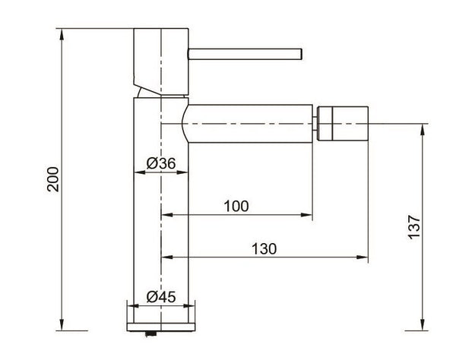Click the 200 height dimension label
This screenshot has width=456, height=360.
click(53, 179)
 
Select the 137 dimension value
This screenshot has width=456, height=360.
click(414, 227)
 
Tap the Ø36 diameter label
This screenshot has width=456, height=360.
click(161, 163)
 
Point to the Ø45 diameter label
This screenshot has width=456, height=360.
click(161, 297)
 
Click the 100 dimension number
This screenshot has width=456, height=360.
click(236, 207)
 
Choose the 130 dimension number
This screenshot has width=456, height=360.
click(264, 249)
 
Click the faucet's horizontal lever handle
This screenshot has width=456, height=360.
click(245, 55)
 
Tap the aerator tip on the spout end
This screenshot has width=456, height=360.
click(343, 124)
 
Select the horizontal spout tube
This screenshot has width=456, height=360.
click(250, 124)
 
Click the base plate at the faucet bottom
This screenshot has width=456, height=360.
click(161, 327)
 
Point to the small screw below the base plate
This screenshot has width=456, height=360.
click(150, 334)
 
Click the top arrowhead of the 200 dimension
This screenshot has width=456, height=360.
click(62, 34)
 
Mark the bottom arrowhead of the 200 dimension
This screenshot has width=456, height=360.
click(62, 325)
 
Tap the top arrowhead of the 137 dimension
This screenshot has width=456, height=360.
click(423, 129)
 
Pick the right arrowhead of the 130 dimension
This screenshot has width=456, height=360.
click(363, 257)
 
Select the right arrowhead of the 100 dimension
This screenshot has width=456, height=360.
click(307, 215)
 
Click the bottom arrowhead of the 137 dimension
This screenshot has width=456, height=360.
click(423, 325)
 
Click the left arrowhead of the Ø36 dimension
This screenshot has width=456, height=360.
click(139, 172)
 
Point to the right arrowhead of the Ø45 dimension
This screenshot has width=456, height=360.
click(189, 305)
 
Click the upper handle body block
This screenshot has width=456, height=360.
click(161, 62)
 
